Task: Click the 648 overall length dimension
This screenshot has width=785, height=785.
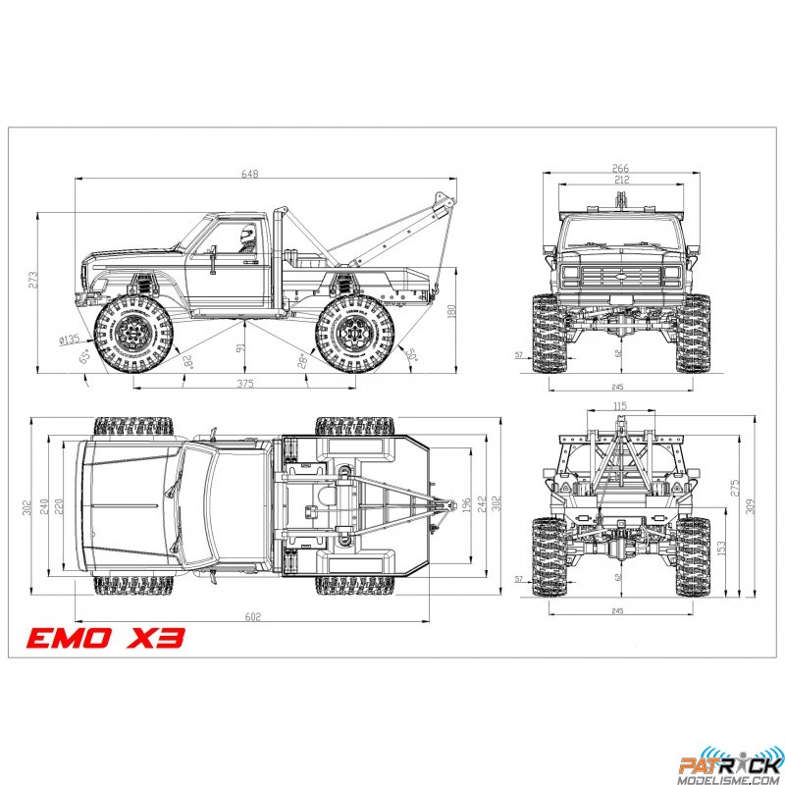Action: click(252, 174)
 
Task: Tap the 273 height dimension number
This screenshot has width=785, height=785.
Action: click(32, 279)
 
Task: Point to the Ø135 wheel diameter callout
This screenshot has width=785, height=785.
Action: click(69, 340)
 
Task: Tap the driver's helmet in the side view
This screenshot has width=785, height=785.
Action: click(247, 234)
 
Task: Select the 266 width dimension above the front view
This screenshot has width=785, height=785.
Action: click(621, 168)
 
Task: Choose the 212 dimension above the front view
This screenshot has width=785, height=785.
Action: click(621, 180)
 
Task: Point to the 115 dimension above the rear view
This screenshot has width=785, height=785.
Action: click(620, 405)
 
